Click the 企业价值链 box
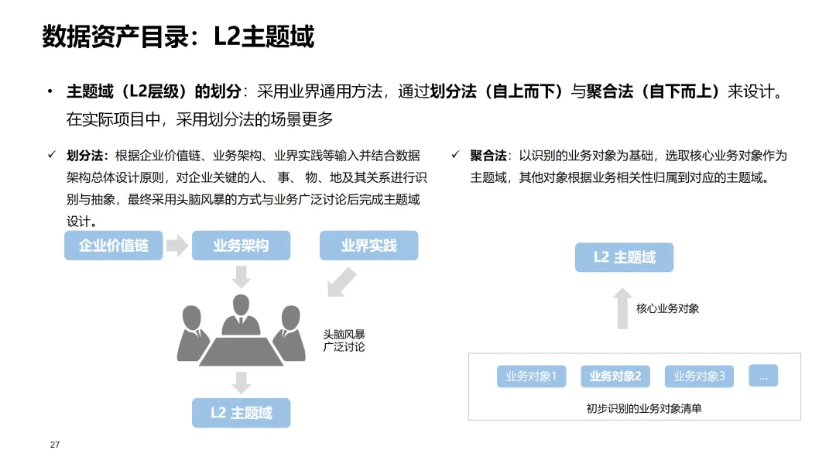click(113, 246)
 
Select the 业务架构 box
click(241, 246)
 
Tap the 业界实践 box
click(368, 246)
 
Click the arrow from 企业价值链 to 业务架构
click(177, 246)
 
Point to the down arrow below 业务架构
click(242, 277)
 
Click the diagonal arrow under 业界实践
click(341, 282)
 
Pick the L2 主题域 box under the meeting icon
click(241, 413)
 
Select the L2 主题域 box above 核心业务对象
click(624, 257)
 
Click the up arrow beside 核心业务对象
click(622, 308)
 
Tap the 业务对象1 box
click(532, 376)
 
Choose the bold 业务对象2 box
click(615, 376)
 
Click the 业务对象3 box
click(699, 376)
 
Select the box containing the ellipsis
click(763, 376)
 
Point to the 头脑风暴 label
click(344, 335)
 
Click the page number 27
click(54, 445)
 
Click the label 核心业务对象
click(667, 308)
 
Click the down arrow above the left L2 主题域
click(242, 382)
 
